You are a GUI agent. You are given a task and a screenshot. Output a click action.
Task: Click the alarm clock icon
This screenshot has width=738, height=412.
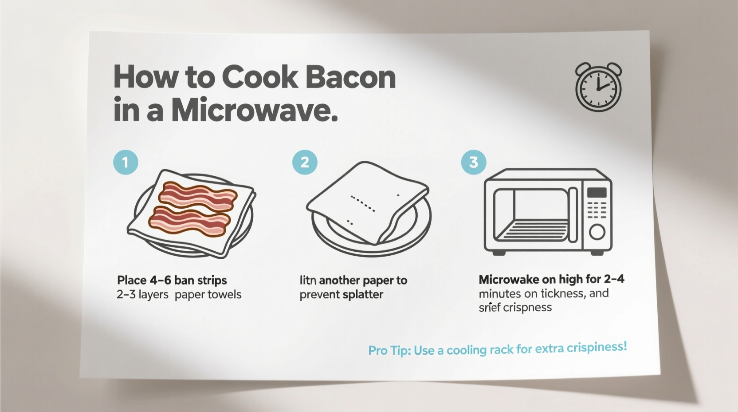click(598, 87)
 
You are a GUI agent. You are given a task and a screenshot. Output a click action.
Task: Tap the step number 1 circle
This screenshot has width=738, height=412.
click(126, 162)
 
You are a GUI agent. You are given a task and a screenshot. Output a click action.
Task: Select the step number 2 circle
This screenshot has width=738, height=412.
click(305, 162)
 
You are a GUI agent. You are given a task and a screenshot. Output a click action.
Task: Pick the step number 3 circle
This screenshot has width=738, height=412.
click(474, 162)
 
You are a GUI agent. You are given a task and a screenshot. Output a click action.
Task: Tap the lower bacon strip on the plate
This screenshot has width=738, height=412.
click(190, 221)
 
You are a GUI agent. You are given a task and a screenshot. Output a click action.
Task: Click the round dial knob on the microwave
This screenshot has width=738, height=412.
click(597, 232)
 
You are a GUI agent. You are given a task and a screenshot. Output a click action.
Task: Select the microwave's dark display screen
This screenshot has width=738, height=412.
click(597, 192)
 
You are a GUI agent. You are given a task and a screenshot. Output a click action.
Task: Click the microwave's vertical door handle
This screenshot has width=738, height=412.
click(573, 215)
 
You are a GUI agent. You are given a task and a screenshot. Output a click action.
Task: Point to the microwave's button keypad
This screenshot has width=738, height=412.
click(597, 210)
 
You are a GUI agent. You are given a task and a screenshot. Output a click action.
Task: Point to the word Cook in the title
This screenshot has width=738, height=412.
click(259, 77)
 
